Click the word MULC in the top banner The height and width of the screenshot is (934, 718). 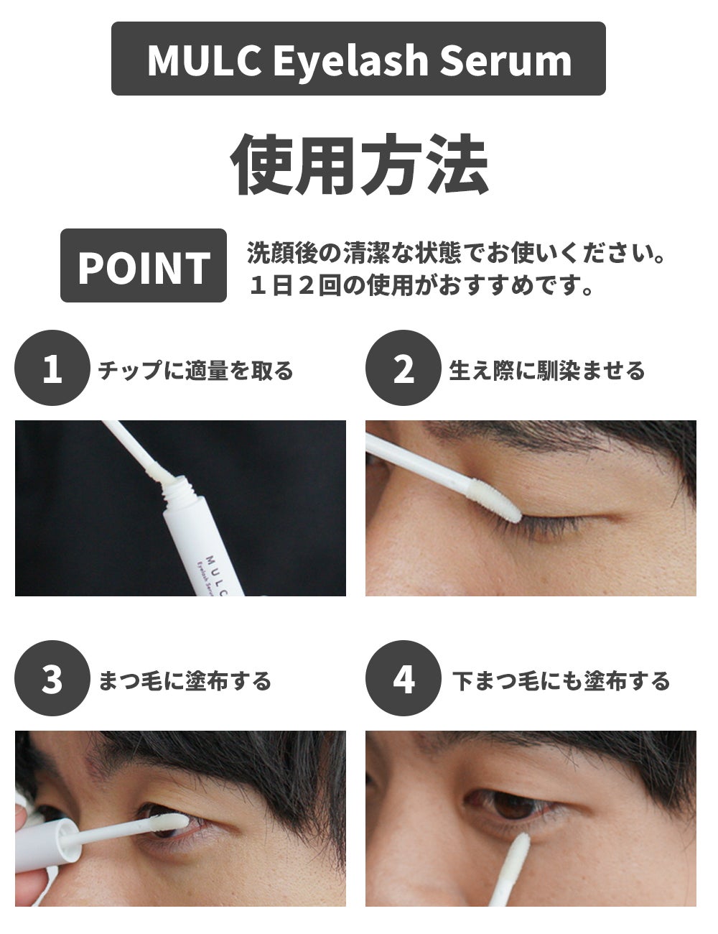pos(204,60)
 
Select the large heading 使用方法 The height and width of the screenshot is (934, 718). pos(360,165)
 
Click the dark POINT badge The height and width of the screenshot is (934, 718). pos(144,266)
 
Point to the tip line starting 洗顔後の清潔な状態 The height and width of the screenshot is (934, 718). pos(456,253)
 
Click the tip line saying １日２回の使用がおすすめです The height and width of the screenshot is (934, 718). pos(421,285)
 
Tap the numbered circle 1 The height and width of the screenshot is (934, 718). pos(52,368)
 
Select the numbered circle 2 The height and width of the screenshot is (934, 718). pos(404,368)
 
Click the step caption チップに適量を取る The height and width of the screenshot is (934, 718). pos(196,370)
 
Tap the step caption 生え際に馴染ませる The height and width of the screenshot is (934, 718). pos(547,370)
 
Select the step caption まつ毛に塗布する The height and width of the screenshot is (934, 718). pos(185,680)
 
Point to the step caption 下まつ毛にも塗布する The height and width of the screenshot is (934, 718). pos(561,680)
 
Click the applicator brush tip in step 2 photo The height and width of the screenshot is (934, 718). pos(495,500)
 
